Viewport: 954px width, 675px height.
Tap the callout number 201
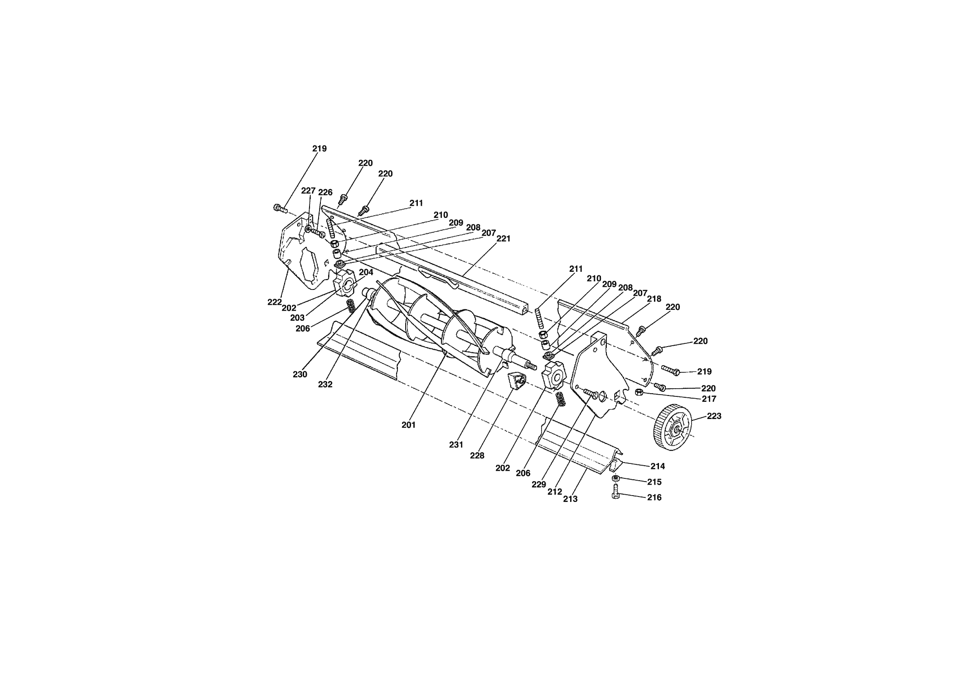[x=408, y=425]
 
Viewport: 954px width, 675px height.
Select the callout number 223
[x=714, y=416]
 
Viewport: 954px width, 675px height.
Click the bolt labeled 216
[x=616, y=491]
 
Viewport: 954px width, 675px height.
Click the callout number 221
[x=503, y=238]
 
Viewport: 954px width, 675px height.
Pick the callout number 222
[x=275, y=302]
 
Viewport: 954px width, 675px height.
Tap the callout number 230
[x=300, y=374]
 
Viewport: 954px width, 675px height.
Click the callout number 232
[x=325, y=384]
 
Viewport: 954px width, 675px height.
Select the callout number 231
[x=456, y=445]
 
